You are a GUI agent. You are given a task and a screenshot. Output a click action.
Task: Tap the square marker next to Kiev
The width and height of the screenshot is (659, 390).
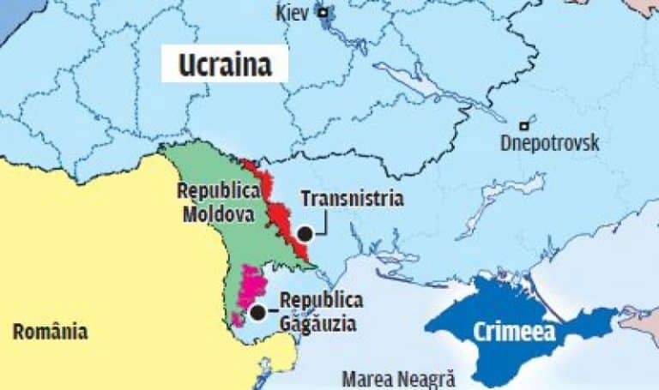point(323,12)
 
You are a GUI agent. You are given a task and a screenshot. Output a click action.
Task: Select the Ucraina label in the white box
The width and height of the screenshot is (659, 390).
point(224,65)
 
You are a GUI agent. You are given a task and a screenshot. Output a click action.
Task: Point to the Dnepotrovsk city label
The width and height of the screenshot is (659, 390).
point(549,143)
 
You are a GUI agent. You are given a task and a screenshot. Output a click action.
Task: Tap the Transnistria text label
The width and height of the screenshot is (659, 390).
point(352,199)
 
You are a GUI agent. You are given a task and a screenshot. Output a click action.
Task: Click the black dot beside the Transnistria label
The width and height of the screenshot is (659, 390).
point(305,232)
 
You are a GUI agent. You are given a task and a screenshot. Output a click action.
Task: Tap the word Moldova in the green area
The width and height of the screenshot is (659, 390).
point(218,213)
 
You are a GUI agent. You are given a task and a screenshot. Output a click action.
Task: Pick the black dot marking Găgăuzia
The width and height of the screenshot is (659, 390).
point(257,312)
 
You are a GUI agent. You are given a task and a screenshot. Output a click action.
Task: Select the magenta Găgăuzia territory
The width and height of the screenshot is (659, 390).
point(250,286)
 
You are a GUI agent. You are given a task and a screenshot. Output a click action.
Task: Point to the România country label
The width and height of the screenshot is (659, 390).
point(50,331)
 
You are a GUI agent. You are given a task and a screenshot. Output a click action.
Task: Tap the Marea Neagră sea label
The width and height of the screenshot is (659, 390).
point(399,378)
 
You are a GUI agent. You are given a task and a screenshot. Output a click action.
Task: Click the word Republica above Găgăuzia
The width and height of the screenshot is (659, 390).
point(321,301)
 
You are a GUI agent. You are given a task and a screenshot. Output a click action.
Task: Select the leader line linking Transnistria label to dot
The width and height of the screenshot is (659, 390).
point(324,225)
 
